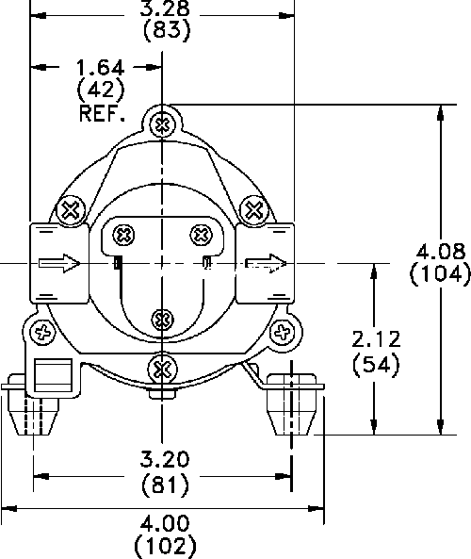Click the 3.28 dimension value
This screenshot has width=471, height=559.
coord(165,8)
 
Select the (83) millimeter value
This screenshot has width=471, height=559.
coord(167,31)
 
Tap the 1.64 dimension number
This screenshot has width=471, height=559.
coord(101,67)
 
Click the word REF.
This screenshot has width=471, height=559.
coord(102,114)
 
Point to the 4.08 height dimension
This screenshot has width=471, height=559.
coord(441,252)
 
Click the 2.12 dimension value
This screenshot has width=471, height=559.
coord(376,339)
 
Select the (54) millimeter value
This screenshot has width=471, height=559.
coord(376,365)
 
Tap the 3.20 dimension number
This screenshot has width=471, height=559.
coord(164,459)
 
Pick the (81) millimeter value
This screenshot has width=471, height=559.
coord(165,485)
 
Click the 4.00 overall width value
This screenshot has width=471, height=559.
coord(165,524)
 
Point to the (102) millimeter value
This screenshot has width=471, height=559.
coord(166,546)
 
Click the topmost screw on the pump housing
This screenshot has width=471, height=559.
coord(162,125)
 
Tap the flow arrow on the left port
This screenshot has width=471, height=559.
coord(59,263)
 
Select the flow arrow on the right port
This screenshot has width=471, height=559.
coord(266,263)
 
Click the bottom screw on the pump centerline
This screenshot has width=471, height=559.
coord(162,369)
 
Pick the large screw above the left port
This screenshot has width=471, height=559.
coord(71,210)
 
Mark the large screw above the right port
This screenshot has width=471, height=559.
coord(254,210)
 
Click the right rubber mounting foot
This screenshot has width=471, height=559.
coord(291,404)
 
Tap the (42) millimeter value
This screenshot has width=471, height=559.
coord(101,90)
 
